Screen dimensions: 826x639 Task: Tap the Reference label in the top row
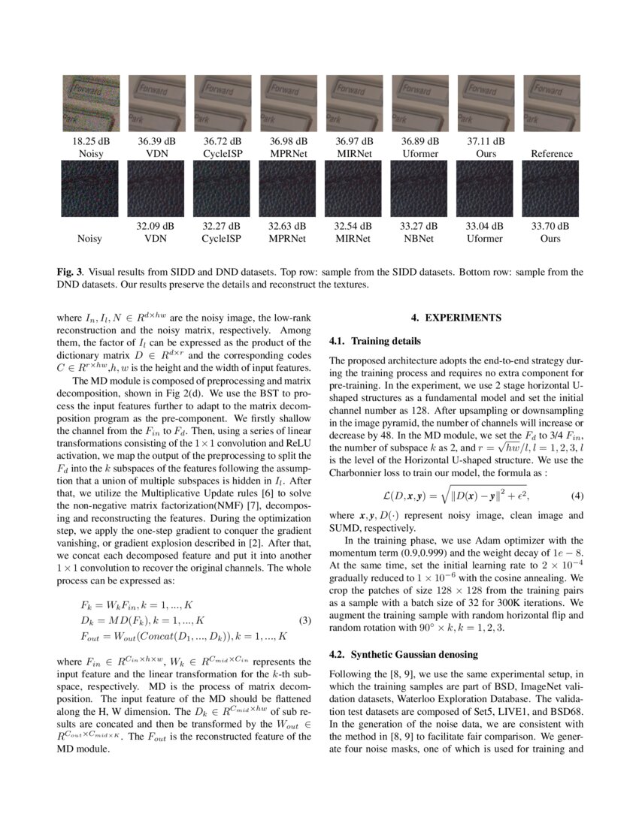pyautogui.click(x=551, y=154)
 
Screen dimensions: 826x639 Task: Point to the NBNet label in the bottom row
pyautogui.click(x=419, y=239)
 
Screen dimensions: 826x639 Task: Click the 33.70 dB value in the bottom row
pyautogui.click(x=550, y=225)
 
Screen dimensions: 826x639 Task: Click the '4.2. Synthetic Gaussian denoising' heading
pyautogui.click(x=404, y=655)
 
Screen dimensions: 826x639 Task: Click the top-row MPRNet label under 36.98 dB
pyautogui.click(x=288, y=154)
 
